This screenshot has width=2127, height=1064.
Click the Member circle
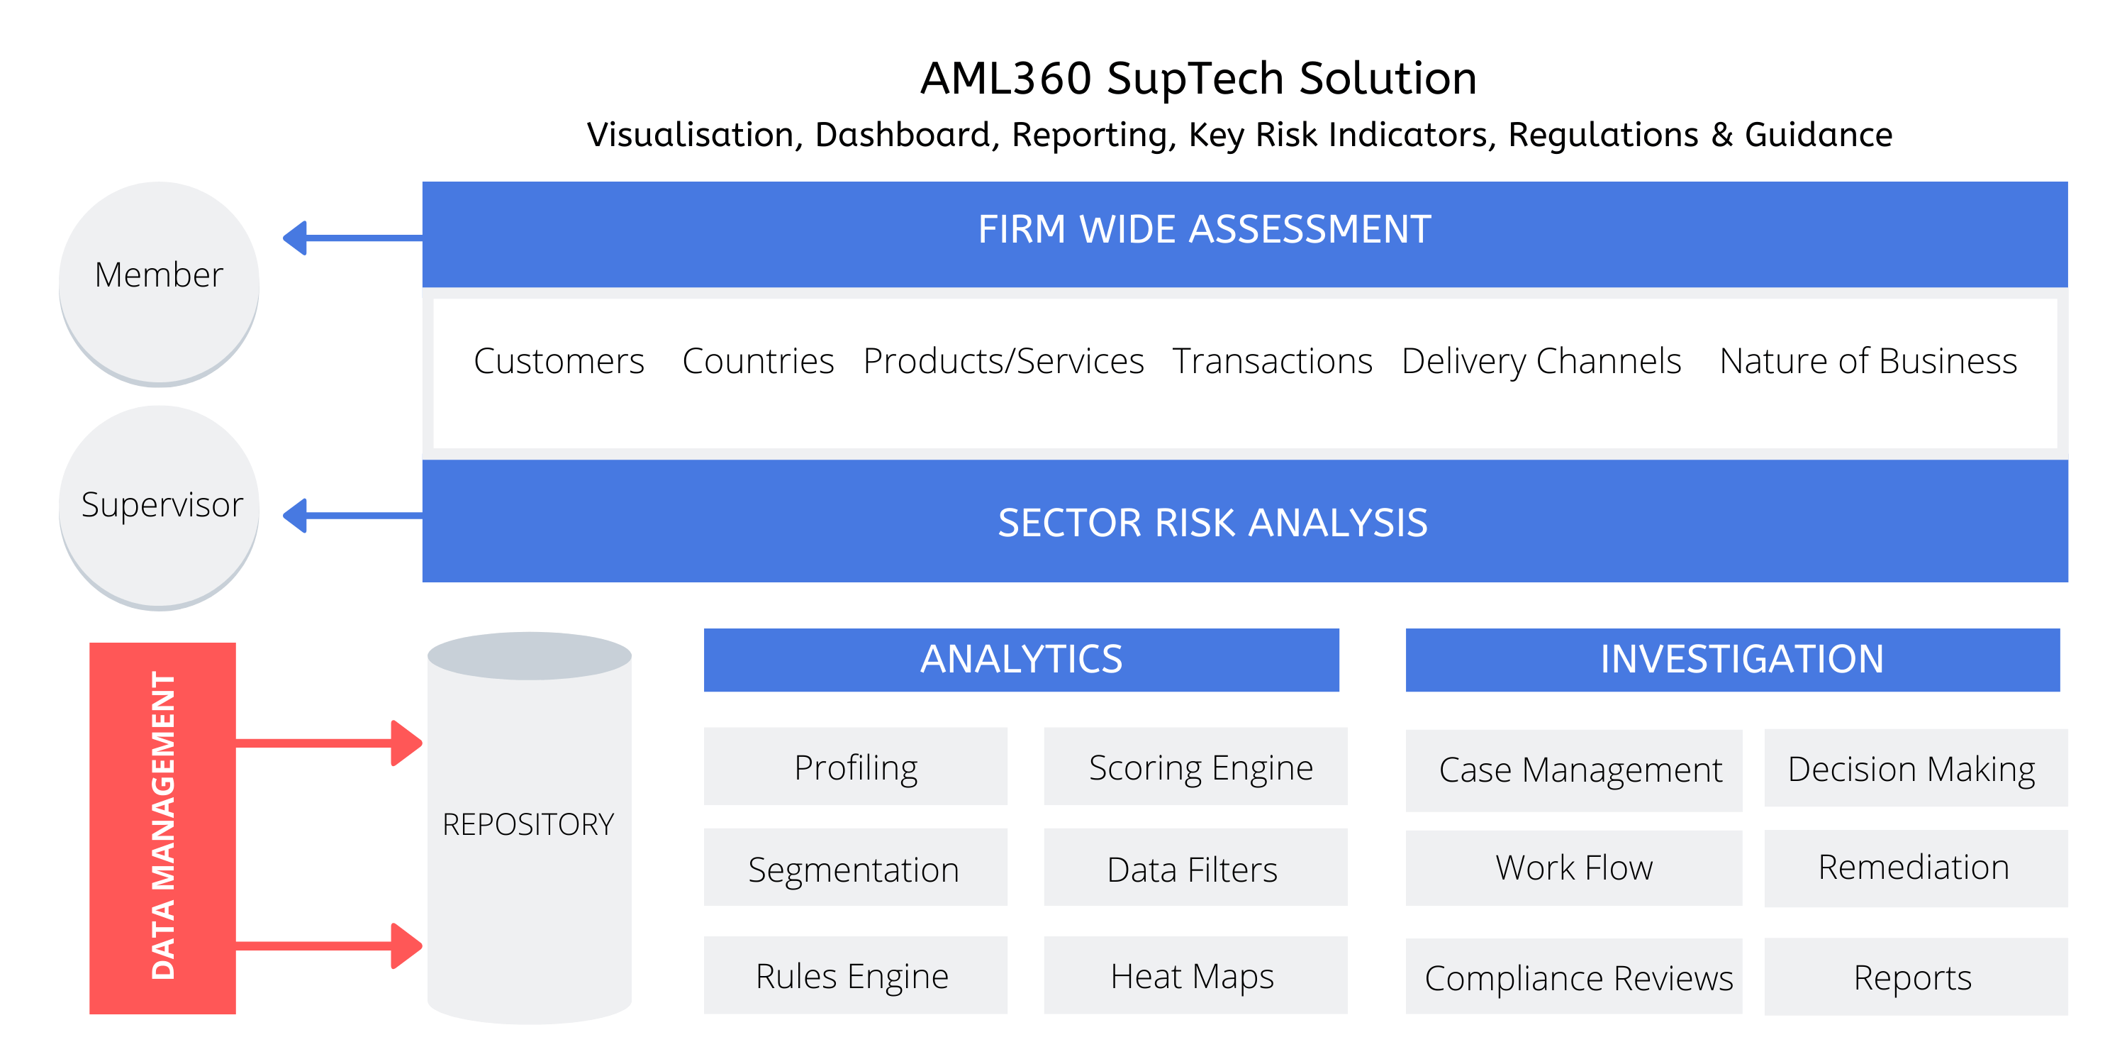(x=160, y=282)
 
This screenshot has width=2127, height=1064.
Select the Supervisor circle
(x=160, y=506)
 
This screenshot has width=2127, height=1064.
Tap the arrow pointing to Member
(x=352, y=238)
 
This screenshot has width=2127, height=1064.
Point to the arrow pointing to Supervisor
(x=352, y=516)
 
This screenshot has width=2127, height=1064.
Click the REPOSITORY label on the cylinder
(x=528, y=824)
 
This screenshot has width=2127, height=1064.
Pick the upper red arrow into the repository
(x=330, y=743)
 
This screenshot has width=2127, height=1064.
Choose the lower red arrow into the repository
(x=330, y=945)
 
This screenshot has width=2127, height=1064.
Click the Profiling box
(x=856, y=766)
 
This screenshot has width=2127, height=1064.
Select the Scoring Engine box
(x=1195, y=766)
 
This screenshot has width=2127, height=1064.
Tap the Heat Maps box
(x=1195, y=975)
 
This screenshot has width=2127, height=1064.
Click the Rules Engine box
(x=856, y=975)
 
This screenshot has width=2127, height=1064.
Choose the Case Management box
(x=1574, y=770)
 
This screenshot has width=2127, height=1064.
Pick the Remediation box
(x=1916, y=868)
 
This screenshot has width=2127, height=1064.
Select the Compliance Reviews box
(x=1574, y=977)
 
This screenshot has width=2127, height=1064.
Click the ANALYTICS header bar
(x=1022, y=659)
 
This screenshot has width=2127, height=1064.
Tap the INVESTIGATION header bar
(x=1732, y=659)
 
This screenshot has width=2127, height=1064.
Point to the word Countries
(x=758, y=361)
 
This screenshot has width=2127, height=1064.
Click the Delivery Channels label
(x=1541, y=362)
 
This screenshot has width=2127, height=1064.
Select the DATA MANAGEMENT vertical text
(x=162, y=826)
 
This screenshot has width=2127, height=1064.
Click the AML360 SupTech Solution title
(x=1198, y=79)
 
